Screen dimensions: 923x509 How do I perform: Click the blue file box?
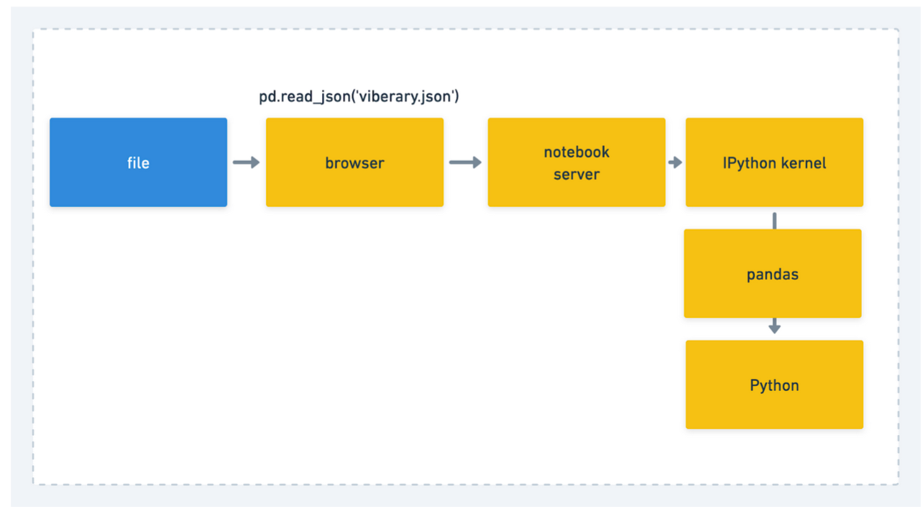click(x=138, y=162)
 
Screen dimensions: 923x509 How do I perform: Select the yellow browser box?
click(x=354, y=162)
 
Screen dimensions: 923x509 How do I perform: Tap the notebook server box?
click(x=577, y=162)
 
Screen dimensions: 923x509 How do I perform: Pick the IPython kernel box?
click(x=774, y=162)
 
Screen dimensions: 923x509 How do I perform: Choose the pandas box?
click(x=773, y=273)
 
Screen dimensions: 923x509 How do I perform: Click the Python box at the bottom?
click(x=774, y=385)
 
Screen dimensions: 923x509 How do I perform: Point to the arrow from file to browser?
click(x=246, y=162)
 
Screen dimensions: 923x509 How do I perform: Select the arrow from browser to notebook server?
click(x=465, y=162)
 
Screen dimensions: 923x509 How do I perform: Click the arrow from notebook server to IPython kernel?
click(x=675, y=162)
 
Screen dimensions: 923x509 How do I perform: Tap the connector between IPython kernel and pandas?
click(x=775, y=221)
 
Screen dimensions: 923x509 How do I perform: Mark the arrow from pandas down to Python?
click(x=775, y=326)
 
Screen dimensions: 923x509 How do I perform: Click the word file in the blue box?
click(x=138, y=162)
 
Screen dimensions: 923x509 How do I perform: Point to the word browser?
click(x=354, y=163)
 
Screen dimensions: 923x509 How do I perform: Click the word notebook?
click(x=577, y=152)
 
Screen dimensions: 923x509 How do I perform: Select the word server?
click(x=577, y=174)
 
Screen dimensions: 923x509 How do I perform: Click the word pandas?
click(x=773, y=275)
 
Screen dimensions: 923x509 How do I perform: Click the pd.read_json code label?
click(x=359, y=97)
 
